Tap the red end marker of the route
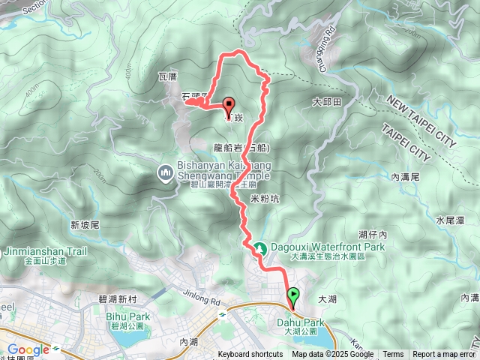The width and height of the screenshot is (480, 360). point(228,106)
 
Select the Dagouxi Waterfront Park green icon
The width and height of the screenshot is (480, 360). point(260,247)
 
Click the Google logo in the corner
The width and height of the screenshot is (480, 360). point(28,349)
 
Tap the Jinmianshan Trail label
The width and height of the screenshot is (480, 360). point(46,251)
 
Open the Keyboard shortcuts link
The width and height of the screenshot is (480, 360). point(250,355)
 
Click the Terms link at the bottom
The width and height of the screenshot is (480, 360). point(393,355)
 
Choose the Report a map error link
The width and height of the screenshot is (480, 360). point(445,355)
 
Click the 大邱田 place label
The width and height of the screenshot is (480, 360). point(327,101)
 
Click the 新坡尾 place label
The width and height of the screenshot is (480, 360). point(85,224)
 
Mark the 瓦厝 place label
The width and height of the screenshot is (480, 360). point(167,76)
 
